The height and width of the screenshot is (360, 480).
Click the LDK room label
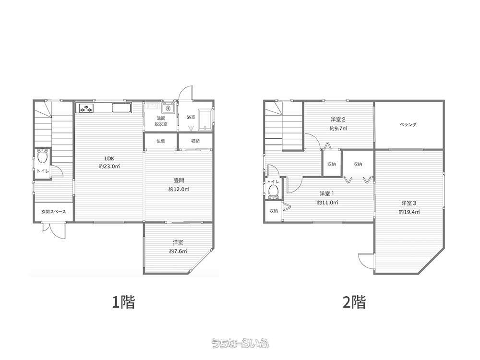coord(109,158)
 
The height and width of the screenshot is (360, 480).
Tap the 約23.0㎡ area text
coord(109,167)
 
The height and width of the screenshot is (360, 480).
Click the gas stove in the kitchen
coord(86,108)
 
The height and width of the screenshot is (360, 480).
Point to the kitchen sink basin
coord(121,108)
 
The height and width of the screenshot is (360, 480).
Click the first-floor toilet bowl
coord(42,157)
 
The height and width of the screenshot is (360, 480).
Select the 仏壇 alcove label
coord(161,141)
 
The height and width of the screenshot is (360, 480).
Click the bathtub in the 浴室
coord(205,120)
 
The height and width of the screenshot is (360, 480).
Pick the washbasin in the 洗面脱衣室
coord(168,108)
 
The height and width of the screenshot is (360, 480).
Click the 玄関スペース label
coord(54,212)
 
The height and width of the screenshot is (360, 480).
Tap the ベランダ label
coord(408,125)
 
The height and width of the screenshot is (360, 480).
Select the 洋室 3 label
coord(409,203)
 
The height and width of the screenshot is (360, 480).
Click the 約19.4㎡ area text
coord(409,212)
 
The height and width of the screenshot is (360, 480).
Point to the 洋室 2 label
coord(338,120)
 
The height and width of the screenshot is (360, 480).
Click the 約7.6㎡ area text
coord(178,252)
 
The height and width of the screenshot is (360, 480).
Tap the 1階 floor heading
coord(123,302)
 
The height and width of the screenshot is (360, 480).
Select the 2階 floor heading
coord(354,302)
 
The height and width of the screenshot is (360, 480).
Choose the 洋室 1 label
coord(327,193)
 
